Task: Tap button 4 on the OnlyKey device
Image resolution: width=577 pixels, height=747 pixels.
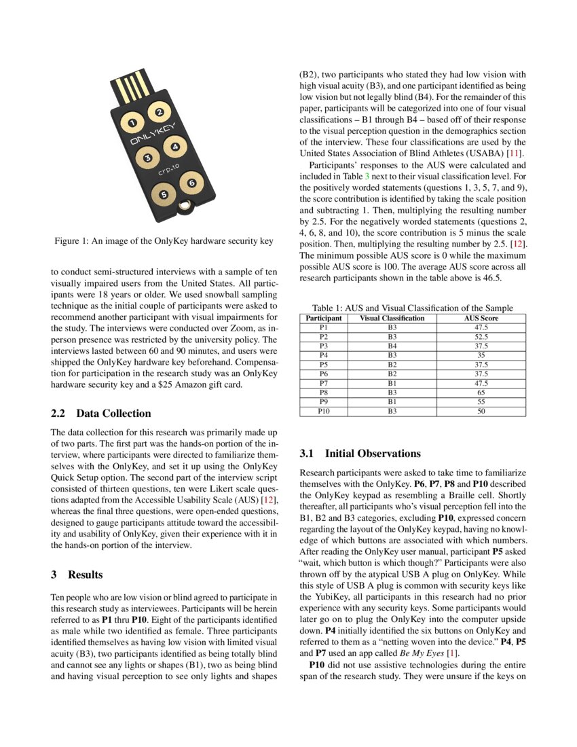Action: pos(175,147)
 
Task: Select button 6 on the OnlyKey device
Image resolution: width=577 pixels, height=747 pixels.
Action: pos(191,183)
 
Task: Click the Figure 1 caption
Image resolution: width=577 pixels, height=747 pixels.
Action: pos(164,241)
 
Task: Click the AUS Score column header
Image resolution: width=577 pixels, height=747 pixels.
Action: pos(481,318)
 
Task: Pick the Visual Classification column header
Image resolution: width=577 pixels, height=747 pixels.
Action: pos(392,318)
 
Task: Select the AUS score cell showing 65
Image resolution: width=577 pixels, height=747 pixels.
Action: pos(481,393)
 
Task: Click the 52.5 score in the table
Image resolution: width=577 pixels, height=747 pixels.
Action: pos(481,336)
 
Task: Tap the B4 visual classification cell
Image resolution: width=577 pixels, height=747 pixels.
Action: pos(392,346)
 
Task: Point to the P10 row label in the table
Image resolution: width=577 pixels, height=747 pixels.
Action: pos(324,411)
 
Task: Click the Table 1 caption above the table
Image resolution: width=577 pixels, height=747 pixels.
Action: pos(412,308)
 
